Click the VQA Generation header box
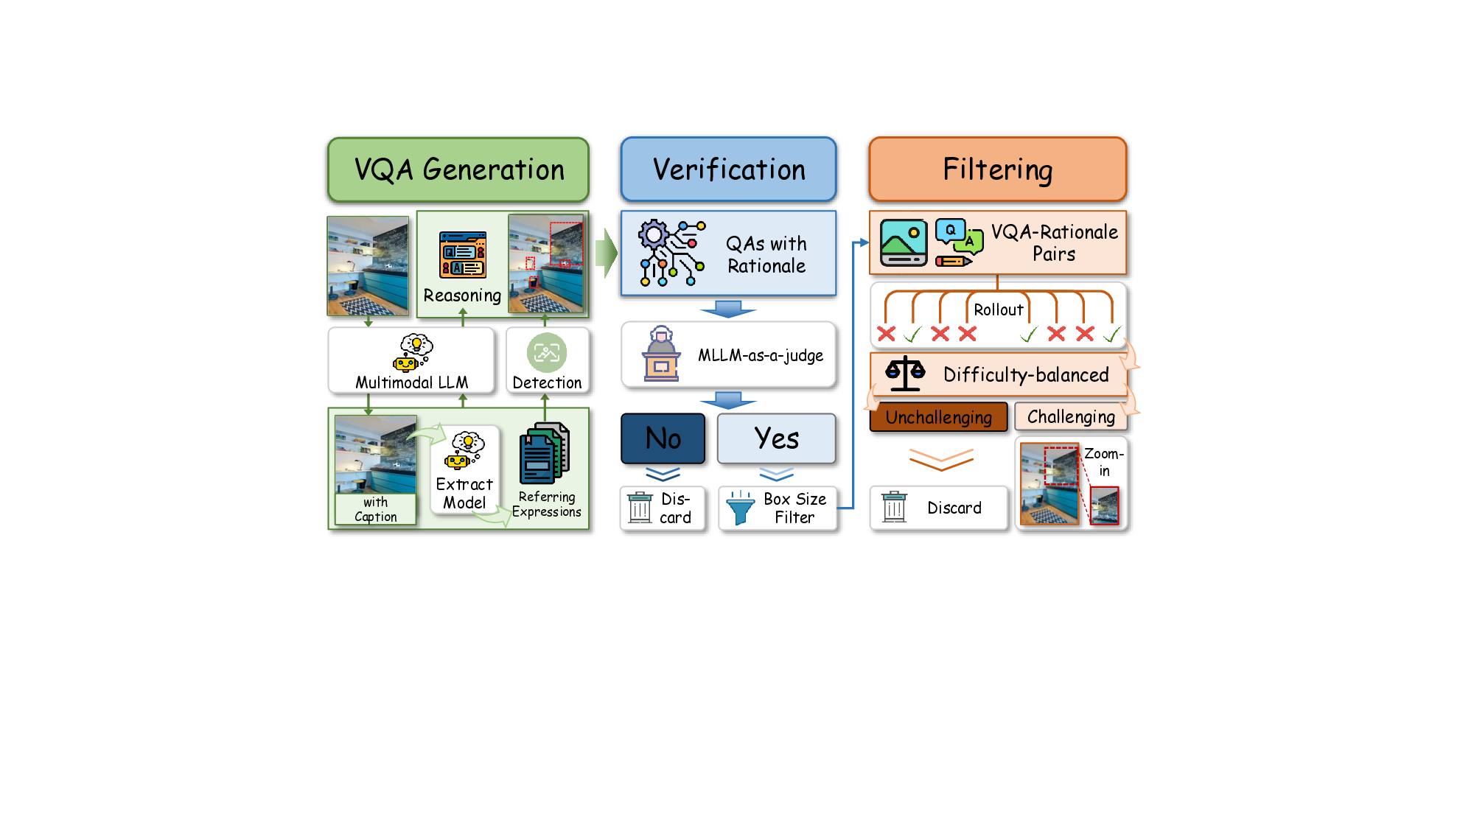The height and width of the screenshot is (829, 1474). pos(458,169)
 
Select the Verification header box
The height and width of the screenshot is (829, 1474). pos(728,169)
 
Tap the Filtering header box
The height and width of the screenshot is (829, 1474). pos(997,169)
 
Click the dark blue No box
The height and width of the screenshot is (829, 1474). pos(663,438)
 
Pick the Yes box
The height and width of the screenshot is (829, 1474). pos(776,438)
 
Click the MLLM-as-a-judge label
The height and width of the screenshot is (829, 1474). pos(761,355)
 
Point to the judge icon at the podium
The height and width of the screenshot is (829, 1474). pos(661,354)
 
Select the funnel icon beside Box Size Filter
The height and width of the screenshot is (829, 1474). pos(740,508)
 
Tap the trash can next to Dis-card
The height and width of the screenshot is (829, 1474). pos(640,508)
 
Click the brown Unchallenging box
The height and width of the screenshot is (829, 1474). pos(938,417)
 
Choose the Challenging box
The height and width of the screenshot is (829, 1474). pos(1071,416)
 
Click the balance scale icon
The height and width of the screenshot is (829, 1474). pos(904,374)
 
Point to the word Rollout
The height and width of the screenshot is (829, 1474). pos(998,309)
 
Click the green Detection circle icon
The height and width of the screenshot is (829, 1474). pos(547,353)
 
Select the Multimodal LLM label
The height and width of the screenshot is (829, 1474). pos(411,382)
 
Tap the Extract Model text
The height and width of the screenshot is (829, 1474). pos(464,493)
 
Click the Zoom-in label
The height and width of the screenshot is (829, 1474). pos(1103,462)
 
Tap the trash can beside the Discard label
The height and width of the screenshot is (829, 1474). pos(894,507)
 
